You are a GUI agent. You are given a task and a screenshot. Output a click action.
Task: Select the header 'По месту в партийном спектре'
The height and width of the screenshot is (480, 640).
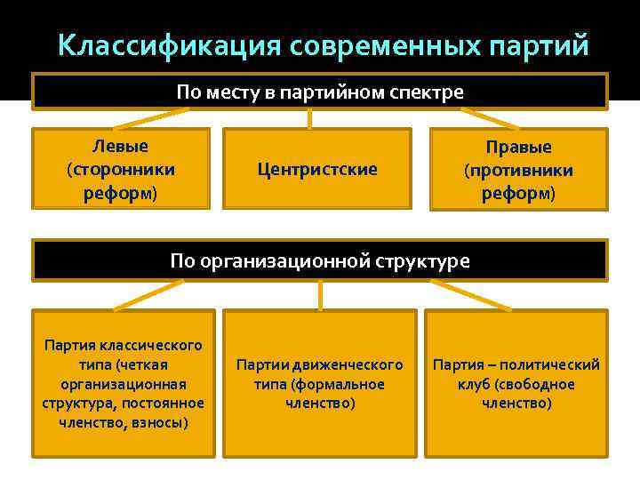(x=320, y=92)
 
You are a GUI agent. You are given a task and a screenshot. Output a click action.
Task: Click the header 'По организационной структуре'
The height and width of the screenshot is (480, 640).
(x=320, y=260)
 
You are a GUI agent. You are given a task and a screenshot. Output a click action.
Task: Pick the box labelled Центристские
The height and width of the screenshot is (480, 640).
(x=316, y=169)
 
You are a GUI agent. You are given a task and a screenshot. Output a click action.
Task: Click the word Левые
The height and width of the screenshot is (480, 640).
(x=121, y=146)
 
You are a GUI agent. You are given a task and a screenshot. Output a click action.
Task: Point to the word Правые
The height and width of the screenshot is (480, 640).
(x=518, y=147)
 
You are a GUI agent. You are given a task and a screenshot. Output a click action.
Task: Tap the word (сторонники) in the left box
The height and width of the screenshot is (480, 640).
(x=121, y=169)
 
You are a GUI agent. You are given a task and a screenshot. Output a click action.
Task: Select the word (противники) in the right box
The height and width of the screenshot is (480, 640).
(x=518, y=170)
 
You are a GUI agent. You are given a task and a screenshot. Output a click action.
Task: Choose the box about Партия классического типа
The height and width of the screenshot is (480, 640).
(x=123, y=383)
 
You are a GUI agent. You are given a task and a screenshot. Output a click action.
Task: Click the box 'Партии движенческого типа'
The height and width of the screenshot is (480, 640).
(x=319, y=383)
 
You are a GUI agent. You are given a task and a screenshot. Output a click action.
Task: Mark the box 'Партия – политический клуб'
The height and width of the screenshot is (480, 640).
(x=516, y=383)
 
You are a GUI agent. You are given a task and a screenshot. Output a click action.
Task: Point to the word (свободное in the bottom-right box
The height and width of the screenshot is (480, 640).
(x=535, y=384)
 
